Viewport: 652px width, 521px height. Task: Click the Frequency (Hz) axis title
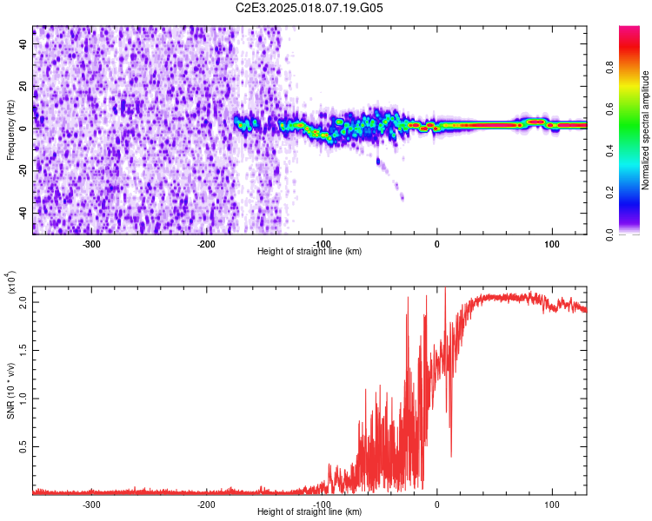11,130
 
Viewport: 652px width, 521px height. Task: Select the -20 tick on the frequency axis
24,170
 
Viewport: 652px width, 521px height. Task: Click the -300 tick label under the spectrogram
92,243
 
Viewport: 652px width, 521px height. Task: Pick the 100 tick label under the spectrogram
551,243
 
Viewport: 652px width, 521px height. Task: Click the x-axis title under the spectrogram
309,252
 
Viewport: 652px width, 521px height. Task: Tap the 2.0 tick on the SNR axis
24,301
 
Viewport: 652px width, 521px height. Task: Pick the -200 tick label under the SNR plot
207,504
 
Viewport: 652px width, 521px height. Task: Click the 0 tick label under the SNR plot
437,504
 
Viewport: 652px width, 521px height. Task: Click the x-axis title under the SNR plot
309,512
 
